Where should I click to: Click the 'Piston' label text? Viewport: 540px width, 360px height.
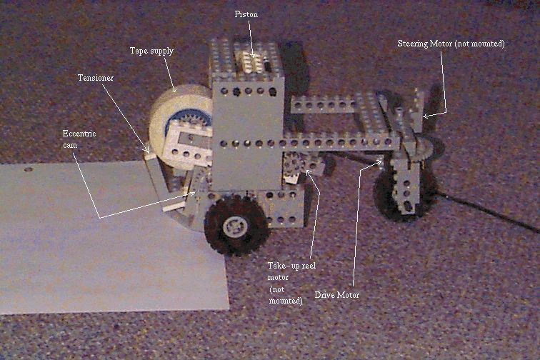(246, 14)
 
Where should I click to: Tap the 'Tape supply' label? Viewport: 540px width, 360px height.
(151, 51)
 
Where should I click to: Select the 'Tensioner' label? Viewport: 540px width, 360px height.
(96, 78)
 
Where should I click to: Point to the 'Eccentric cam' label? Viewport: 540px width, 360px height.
(79, 139)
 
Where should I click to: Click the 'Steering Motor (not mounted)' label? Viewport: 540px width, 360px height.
(451, 44)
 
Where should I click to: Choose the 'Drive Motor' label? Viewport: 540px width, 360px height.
(337, 295)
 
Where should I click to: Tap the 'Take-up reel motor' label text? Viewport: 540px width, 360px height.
(291, 271)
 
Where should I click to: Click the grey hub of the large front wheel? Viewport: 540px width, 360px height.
(235, 226)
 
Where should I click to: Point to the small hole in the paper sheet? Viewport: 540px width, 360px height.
(29, 170)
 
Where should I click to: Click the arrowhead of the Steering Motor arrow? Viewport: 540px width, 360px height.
(426, 116)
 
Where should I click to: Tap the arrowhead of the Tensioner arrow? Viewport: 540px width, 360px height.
(147, 151)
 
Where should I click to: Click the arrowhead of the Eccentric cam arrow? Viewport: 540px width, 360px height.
(192, 194)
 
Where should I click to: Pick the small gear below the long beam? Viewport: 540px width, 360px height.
(293, 162)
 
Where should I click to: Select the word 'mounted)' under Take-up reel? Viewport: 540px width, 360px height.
(286, 301)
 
